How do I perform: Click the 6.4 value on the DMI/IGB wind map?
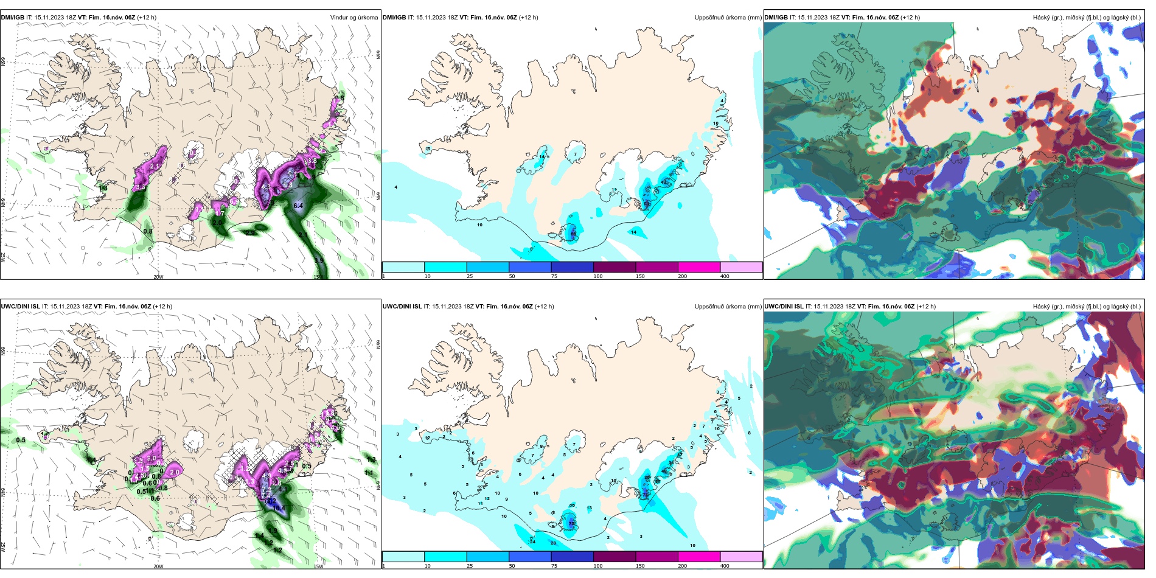tap(298, 206)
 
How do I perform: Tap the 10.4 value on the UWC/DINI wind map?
tap(279, 508)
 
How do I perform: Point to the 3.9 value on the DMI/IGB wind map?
tap(319, 261)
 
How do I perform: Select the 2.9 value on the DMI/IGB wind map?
tap(250, 233)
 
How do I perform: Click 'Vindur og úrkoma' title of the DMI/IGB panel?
tap(354, 18)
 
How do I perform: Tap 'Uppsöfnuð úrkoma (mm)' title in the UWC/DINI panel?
tap(728, 307)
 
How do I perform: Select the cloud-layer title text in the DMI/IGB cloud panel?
tap(1087, 18)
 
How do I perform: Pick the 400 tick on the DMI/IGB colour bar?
tap(725, 276)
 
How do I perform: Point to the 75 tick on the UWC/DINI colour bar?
tap(554, 566)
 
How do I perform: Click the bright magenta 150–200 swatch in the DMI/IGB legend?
tap(699, 267)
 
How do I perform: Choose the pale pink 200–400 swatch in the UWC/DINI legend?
tap(741, 557)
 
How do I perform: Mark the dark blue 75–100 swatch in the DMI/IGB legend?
tap(572, 267)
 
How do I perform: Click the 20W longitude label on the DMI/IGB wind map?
tap(158, 277)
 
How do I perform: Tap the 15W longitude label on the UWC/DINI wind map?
tap(318, 566)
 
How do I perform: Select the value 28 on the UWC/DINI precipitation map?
tap(554, 543)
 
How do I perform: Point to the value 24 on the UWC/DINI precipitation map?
tap(532, 541)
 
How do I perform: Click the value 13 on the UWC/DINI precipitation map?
tap(589, 508)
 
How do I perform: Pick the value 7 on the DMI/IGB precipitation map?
tap(575, 155)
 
